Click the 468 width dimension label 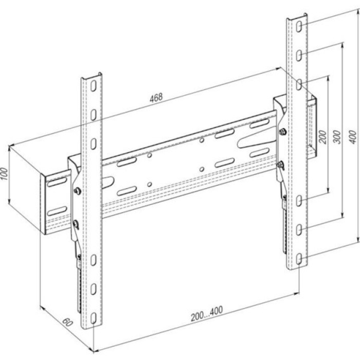click(x=156, y=98)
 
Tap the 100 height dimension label click(x=4, y=174)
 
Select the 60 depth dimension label click(x=67, y=322)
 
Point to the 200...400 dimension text click(x=207, y=313)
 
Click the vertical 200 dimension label click(x=323, y=137)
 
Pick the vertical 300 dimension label click(x=337, y=137)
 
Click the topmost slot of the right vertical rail click(x=299, y=27)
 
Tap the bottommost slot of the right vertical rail click(x=299, y=259)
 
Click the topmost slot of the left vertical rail click(x=93, y=86)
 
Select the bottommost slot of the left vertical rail click(x=93, y=318)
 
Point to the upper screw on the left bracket click(x=78, y=191)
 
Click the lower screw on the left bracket click(x=76, y=224)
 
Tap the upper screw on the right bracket click(x=283, y=132)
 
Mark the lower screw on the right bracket click(x=281, y=165)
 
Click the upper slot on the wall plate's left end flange click(x=57, y=182)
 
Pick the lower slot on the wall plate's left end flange click(x=57, y=211)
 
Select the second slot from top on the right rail click(x=299, y=56)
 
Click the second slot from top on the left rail click(x=93, y=115)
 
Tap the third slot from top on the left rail click(x=93, y=144)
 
